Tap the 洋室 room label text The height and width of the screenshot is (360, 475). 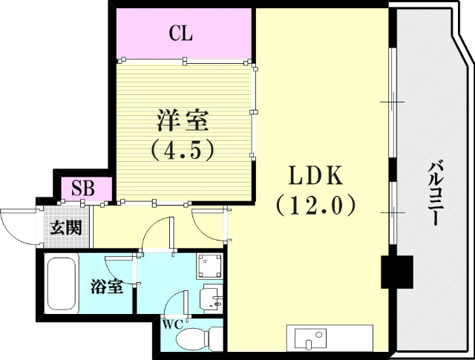click(183, 120)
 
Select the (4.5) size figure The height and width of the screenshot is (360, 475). click(183, 151)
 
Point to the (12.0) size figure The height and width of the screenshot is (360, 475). click(315, 204)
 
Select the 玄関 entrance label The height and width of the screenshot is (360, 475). click(65, 227)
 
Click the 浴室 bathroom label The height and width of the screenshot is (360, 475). click(107, 287)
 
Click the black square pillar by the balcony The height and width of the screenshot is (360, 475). click(396, 272)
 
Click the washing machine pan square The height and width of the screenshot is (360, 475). click(209, 266)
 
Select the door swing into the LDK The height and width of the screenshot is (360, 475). click(208, 223)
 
